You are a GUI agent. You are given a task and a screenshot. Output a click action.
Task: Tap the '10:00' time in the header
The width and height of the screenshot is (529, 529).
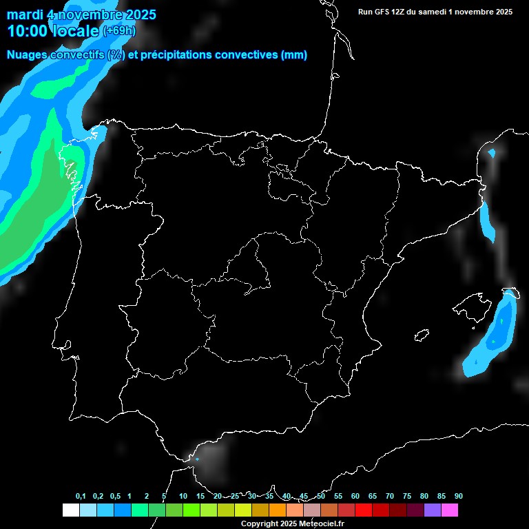point(28,31)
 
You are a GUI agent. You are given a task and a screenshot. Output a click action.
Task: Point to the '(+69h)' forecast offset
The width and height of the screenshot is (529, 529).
point(119,31)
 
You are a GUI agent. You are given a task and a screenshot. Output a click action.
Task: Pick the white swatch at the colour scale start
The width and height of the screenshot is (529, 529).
point(70,510)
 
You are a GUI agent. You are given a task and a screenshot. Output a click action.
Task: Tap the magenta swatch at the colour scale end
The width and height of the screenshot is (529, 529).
point(450,510)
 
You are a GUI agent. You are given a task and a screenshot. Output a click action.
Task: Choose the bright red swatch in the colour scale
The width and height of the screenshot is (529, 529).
point(364,510)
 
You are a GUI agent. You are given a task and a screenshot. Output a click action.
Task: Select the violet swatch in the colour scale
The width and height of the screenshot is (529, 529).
point(433,510)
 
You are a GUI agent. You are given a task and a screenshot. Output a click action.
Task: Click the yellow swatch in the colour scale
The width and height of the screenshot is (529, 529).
point(242,510)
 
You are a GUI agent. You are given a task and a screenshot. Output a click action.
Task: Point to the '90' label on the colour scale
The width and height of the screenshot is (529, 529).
point(459,497)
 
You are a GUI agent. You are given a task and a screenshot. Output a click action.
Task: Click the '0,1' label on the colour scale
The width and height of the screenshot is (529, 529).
point(81,497)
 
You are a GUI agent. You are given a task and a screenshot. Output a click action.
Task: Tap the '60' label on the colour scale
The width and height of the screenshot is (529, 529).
point(355,497)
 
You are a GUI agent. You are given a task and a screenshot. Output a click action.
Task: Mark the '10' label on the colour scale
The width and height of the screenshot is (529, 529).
point(183,497)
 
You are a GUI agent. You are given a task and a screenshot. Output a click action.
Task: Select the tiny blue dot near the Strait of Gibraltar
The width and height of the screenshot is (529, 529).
point(198,459)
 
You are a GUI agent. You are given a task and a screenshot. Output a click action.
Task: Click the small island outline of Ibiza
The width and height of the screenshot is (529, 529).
point(422,335)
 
